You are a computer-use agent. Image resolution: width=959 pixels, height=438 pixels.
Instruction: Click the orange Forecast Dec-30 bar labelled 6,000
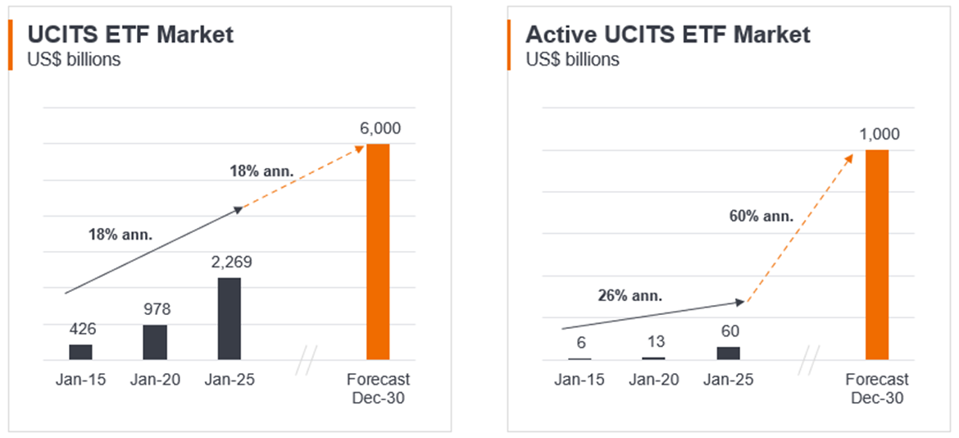[378, 251]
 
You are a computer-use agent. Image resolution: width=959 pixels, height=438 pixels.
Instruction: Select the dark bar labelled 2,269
[230, 318]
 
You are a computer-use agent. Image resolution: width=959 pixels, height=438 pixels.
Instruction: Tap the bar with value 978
[155, 342]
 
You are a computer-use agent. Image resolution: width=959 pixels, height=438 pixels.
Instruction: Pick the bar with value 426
[80, 352]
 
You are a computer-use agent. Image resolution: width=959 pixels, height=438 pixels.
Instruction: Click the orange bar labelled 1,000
[877, 254]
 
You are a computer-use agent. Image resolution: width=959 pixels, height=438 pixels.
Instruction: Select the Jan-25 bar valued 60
[728, 353]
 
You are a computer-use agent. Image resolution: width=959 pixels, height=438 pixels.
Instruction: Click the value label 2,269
[230, 262]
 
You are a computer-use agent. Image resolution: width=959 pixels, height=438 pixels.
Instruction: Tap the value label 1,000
[879, 135]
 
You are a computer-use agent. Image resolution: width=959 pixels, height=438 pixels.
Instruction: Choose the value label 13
[653, 341]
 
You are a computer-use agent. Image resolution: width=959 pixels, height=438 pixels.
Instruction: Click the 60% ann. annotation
[761, 217]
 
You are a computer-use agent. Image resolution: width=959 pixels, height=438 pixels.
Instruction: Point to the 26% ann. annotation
[629, 295]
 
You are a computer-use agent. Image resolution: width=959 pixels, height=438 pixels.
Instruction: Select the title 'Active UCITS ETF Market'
[667, 34]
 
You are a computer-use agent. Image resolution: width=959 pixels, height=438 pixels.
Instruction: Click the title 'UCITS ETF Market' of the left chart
[130, 34]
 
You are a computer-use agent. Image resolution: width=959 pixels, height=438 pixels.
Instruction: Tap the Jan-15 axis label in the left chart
[81, 380]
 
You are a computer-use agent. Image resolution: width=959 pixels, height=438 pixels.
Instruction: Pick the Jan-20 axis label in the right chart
[654, 380]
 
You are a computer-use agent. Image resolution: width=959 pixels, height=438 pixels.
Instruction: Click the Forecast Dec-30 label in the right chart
[878, 388]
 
